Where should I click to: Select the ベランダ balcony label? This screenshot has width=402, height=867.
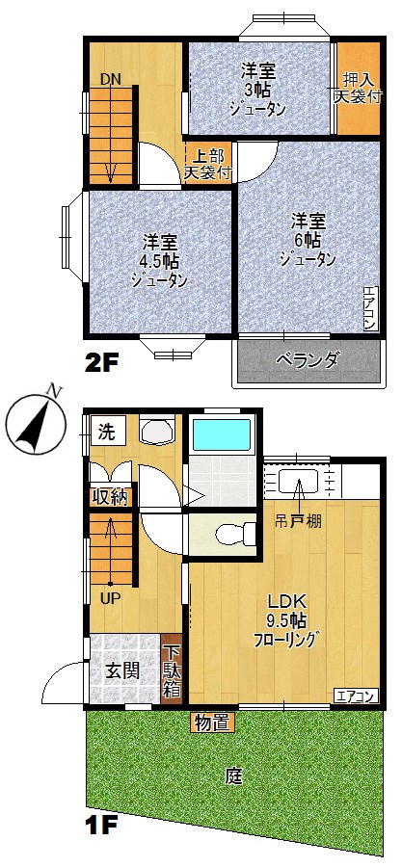point(308,360)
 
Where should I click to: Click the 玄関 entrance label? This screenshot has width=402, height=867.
point(122,670)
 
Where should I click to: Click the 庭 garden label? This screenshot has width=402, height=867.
point(232,774)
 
